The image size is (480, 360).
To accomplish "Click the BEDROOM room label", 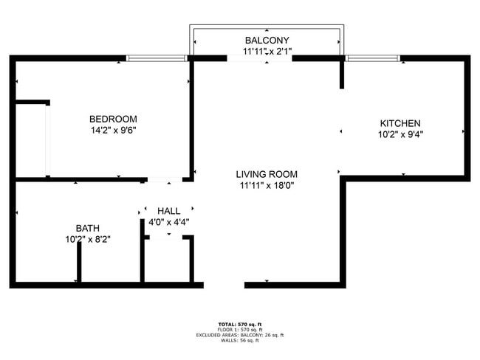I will click(113, 119).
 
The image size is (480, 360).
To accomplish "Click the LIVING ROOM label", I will click(267, 174).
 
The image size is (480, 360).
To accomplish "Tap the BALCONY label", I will click(267, 40).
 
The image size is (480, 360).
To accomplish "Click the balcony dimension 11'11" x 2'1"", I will click(267, 52).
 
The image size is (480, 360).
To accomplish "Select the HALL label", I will click(168, 211).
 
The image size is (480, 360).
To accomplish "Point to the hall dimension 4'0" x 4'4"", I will click(168, 222).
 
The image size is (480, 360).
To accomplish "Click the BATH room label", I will click(87, 228).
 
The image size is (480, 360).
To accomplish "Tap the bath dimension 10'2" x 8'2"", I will click(87, 239).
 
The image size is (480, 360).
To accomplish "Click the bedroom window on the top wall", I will click(157, 58).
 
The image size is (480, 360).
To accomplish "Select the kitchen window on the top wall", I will click(373, 58).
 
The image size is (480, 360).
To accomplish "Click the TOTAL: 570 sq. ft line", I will click(239, 324).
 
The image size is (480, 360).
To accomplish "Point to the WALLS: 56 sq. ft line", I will click(239, 340).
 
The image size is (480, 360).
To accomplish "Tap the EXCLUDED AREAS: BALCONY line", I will click(239, 335).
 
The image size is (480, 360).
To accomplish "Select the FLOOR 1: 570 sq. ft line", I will click(239, 329).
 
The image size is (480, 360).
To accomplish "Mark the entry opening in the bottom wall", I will click(224, 284).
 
